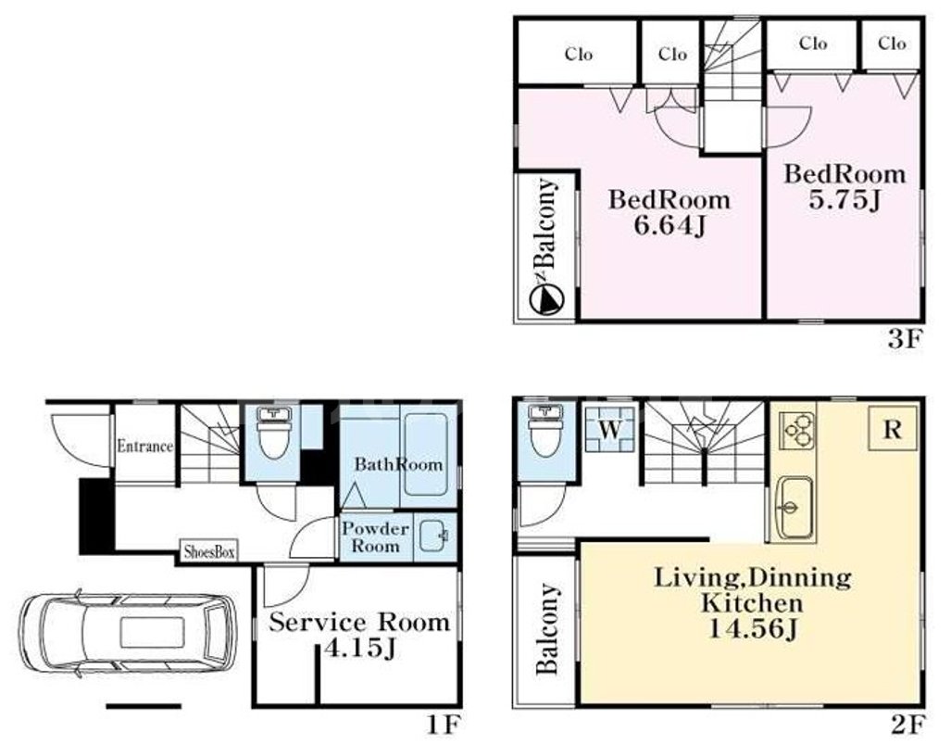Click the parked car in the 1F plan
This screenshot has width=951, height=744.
click(128, 633)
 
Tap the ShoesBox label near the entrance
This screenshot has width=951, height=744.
click(209, 552)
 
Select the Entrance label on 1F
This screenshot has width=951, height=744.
click(145, 447)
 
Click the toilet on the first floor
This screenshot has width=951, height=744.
click(274, 432)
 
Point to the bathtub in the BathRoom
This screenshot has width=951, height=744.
click(426, 455)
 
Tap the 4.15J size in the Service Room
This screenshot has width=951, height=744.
click(360, 649)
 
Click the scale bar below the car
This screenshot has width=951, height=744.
click(144, 706)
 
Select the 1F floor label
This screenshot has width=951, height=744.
click(444, 725)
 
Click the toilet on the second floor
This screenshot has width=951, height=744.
click(545, 431)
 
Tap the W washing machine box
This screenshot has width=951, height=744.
click(610, 429)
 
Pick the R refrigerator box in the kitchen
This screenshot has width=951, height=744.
click(892, 429)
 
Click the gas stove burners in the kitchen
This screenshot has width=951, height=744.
click(797, 430)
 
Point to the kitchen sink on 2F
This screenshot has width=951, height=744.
click(795, 507)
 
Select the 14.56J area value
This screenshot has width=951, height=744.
click(752, 629)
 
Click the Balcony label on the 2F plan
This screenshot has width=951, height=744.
click(547, 629)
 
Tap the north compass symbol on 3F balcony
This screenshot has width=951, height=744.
click(546, 299)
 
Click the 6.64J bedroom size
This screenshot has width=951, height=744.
click(669, 226)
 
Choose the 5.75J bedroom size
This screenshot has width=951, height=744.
click(845, 200)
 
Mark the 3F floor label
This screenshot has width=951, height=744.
click(905, 338)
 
